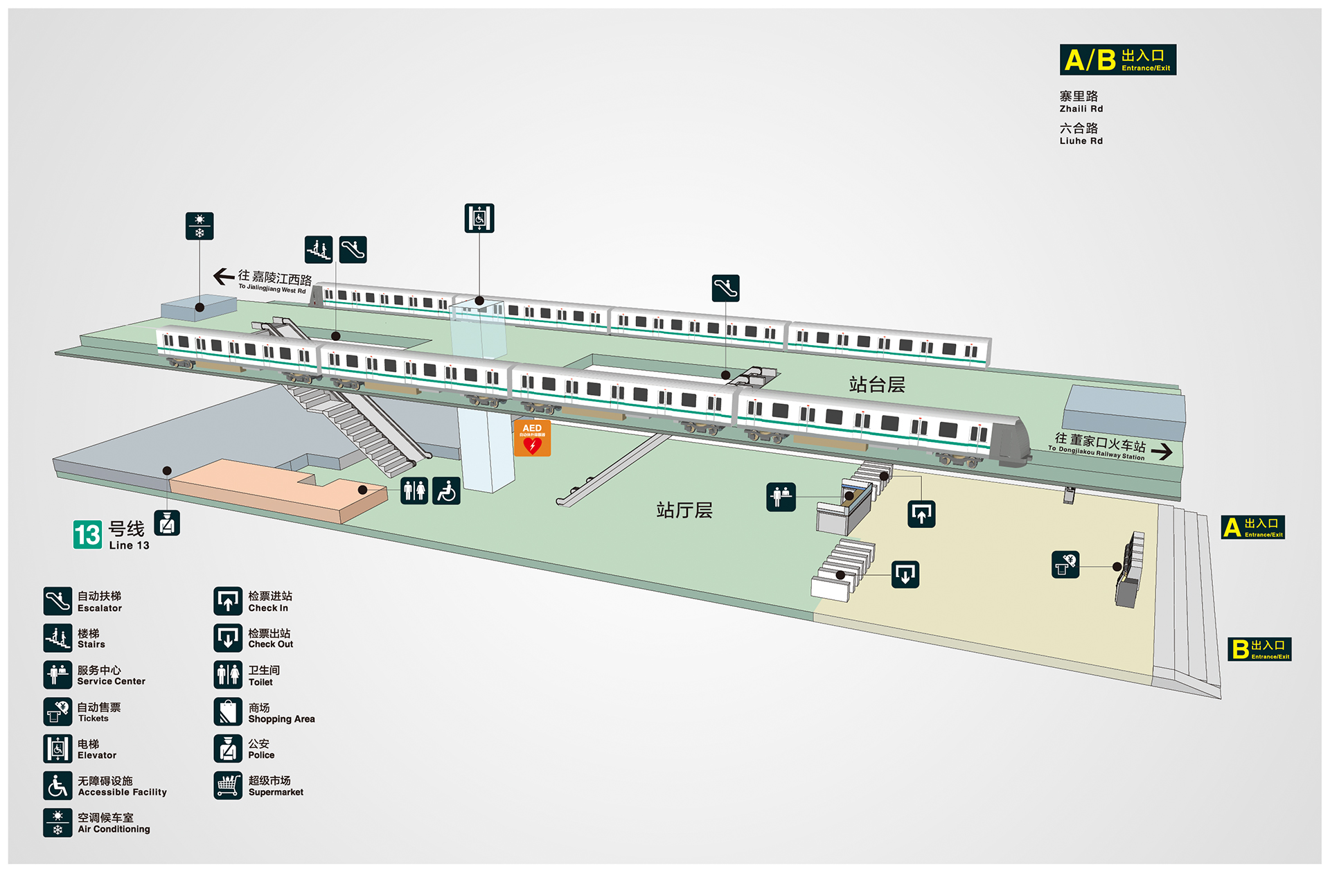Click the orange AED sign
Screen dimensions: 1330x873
[x=532, y=438]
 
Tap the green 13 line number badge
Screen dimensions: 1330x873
[x=87, y=534]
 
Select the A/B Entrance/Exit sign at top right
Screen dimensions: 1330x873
[x=1117, y=60]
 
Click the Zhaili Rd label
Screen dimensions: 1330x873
[x=1081, y=101]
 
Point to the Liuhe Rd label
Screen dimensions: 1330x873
[x=1081, y=134]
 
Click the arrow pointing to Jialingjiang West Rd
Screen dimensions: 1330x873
[x=224, y=276]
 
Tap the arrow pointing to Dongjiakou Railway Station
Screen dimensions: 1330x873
[x=1162, y=451]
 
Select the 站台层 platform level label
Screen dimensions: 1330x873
[x=877, y=385]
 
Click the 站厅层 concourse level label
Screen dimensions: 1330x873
[x=684, y=511]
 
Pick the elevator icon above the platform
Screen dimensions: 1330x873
[x=479, y=218]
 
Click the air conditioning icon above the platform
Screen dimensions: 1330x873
[x=199, y=226]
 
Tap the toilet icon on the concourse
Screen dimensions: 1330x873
[x=414, y=491]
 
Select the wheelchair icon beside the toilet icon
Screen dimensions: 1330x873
[x=447, y=491]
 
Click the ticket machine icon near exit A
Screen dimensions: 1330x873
[x=1065, y=564]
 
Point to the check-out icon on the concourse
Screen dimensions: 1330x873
[x=905, y=574]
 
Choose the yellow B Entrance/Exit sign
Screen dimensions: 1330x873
[x=1259, y=649]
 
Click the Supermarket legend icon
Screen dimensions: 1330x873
[x=228, y=786]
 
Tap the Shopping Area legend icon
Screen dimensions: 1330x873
[x=228, y=712]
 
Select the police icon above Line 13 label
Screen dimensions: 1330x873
[x=167, y=522]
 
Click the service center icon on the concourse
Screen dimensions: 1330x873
[x=781, y=497]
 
